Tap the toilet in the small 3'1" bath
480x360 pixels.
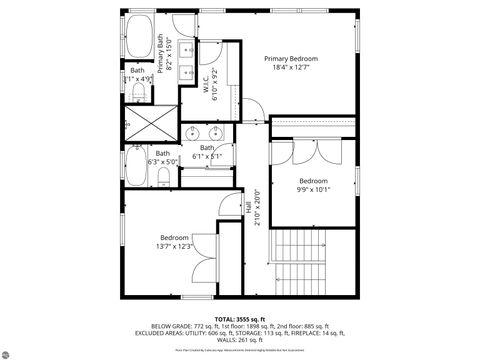pyautogui.click(x=138, y=94)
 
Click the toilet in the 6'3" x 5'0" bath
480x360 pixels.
pyautogui.click(x=163, y=178)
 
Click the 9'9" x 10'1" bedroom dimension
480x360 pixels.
pyautogui.click(x=313, y=189)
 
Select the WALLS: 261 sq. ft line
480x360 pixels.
pyautogui.click(x=240, y=340)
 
